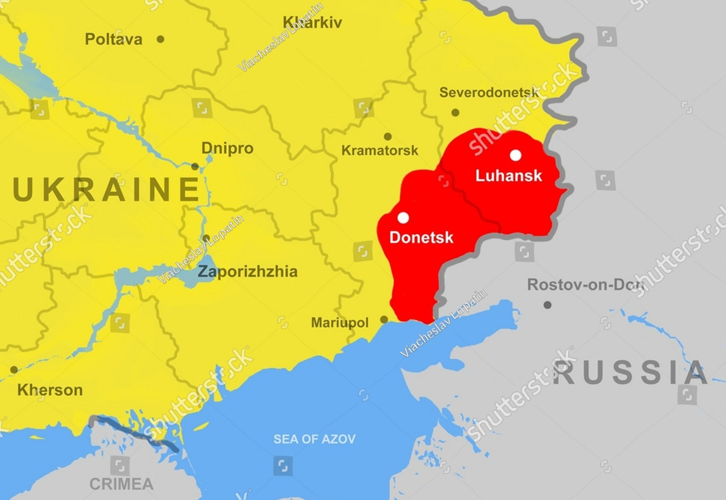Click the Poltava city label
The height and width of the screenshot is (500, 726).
[x=114, y=39]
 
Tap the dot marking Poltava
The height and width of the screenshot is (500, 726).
[x=160, y=39]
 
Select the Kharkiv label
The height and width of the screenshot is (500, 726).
[x=312, y=23]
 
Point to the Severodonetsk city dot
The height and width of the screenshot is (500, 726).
[x=455, y=113]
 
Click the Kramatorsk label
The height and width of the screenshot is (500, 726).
[x=379, y=150]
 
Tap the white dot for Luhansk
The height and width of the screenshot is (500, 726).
[x=515, y=155]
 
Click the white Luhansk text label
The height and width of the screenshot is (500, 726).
[x=508, y=176]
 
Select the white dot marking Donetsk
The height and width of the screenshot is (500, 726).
[x=403, y=218]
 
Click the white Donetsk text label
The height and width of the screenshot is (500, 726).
[x=421, y=238]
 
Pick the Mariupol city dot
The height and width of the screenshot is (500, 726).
[x=384, y=320]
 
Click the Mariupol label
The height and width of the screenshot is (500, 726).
[x=339, y=323]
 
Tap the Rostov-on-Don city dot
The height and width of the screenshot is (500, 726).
[x=548, y=305]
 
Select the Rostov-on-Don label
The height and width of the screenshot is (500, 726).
[x=584, y=285]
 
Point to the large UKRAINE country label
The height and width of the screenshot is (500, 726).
[x=106, y=189]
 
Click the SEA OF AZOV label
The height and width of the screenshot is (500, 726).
[x=314, y=439]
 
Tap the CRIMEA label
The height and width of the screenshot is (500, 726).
[x=122, y=484]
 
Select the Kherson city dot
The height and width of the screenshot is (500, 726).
[x=14, y=369]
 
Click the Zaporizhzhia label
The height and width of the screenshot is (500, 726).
[x=247, y=272]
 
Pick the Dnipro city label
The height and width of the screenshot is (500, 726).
[x=227, y=149]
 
